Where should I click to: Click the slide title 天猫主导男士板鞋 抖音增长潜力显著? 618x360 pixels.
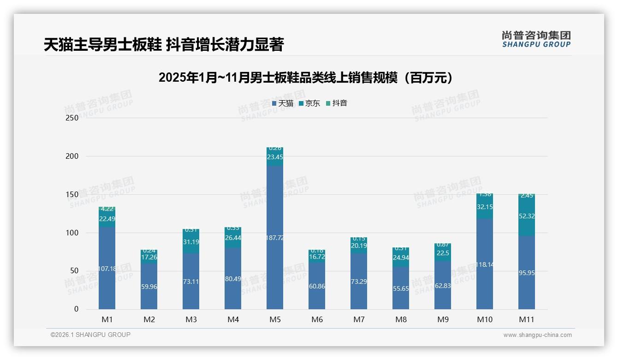[163, 45]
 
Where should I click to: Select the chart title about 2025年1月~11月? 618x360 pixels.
[306, 78]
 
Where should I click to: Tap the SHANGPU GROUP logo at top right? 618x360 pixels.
[536, 39]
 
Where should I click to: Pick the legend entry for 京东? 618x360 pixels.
[309, 103]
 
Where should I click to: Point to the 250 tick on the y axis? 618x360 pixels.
[72, 118]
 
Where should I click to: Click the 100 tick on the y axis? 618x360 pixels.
[72, 233]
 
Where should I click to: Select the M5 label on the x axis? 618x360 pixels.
[275, 319]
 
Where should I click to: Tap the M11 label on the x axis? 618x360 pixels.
[527, 319]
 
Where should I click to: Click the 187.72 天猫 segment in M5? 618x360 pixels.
[275, 238]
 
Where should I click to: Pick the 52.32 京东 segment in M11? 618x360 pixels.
[527, 216]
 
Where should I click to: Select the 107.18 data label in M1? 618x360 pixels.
[107, 269]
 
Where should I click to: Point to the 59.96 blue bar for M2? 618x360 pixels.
[149, 286]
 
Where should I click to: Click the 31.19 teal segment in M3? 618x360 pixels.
[191, 241]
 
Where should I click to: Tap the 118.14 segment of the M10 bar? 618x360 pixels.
[485, 264]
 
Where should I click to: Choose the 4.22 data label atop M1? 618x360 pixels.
[107, 209]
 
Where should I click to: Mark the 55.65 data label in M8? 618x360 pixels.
[401, 288]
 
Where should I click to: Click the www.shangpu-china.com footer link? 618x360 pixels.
[537, 335]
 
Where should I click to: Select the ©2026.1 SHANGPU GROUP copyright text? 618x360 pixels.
[90, 335]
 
